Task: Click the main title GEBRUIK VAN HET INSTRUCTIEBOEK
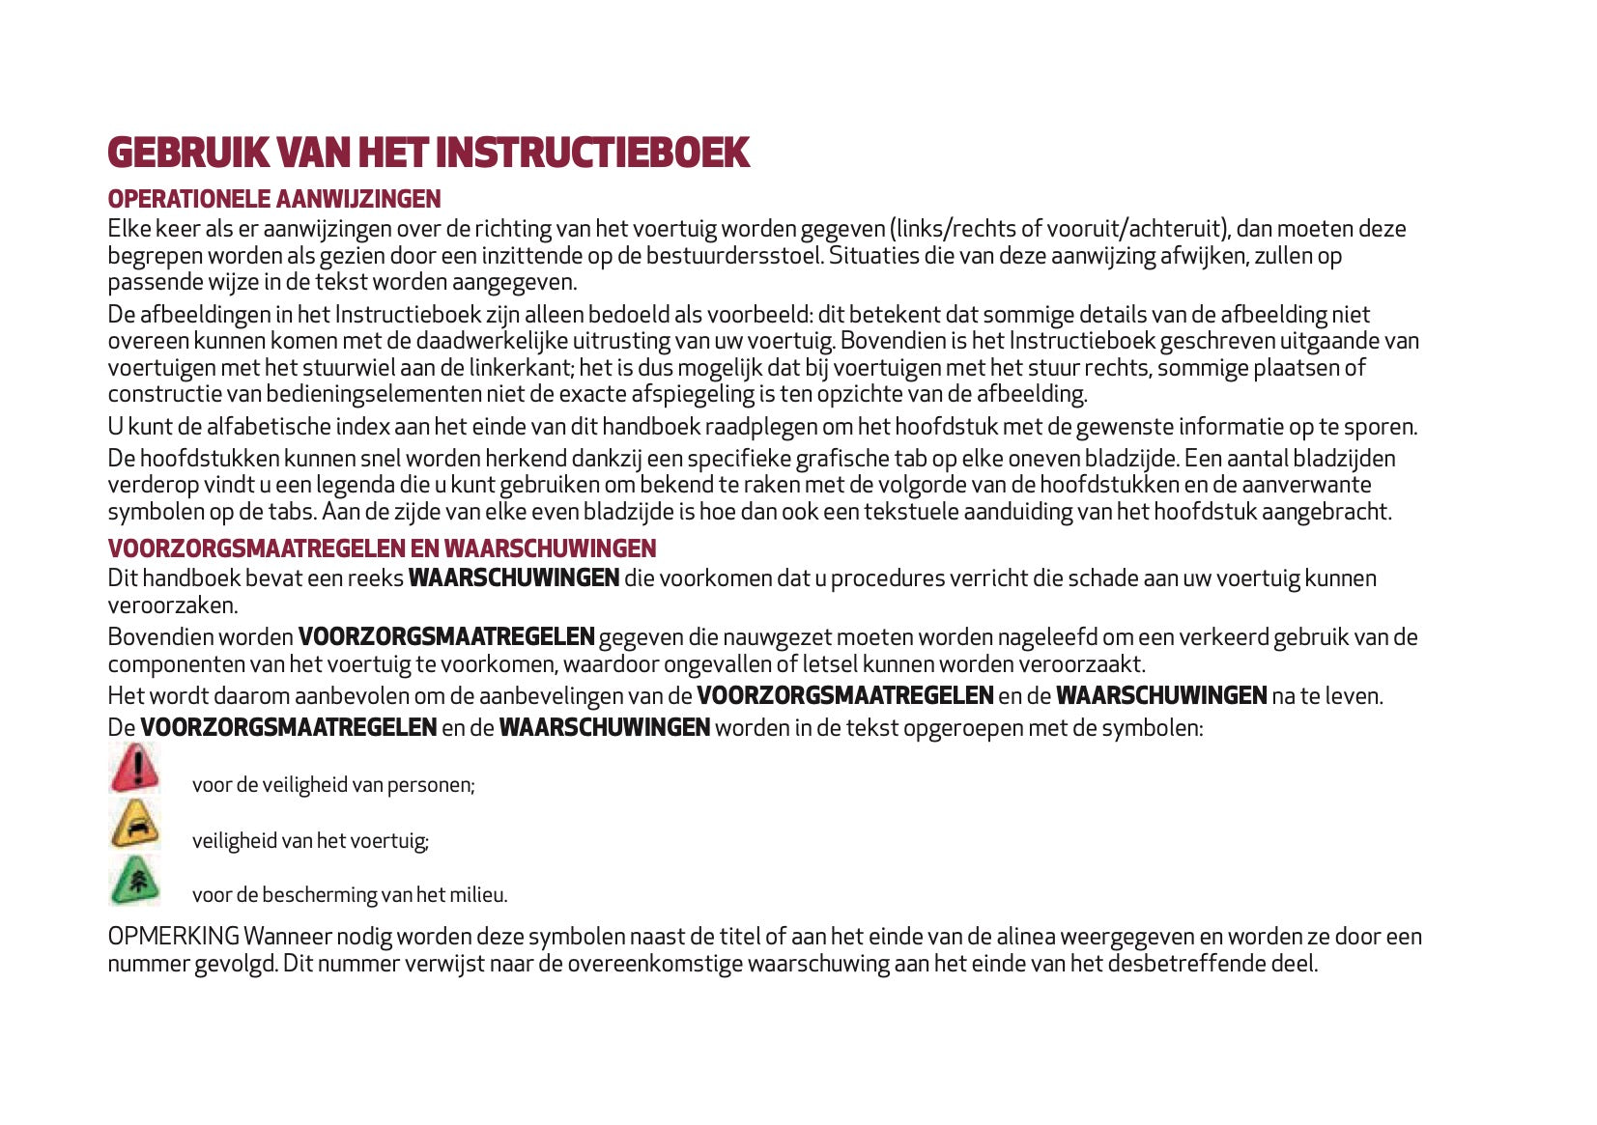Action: (428, 153)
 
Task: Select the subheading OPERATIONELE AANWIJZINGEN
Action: (273, 199)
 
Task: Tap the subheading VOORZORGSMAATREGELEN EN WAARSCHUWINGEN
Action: (382, 548)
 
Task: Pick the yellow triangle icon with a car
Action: (134, 825)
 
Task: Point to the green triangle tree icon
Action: (134, 881)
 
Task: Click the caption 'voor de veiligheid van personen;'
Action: (333, 784)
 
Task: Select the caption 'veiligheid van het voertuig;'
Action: (310, 840)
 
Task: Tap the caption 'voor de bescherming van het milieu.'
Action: (350, 895)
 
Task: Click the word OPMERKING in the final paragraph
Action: (173, 937)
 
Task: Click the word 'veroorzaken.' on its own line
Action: (172, 605)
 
